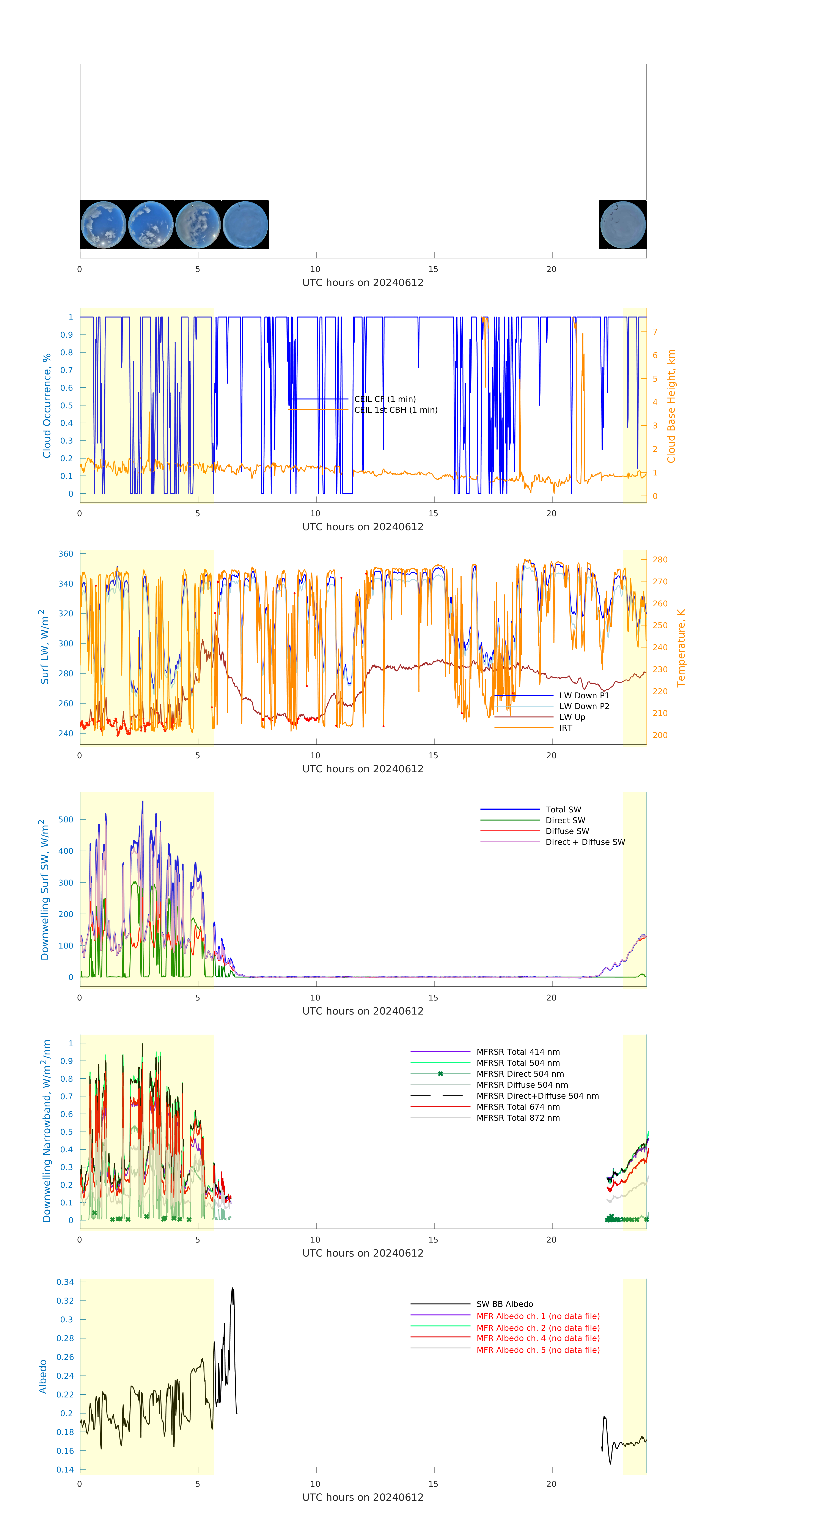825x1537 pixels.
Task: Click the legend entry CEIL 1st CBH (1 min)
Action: [396, 410]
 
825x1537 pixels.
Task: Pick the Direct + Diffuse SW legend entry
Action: [585, 842]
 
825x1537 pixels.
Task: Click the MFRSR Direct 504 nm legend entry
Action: [520, 1074]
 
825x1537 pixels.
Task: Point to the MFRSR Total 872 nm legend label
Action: [518, 1118]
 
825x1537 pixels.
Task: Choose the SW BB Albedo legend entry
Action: [504, 1304]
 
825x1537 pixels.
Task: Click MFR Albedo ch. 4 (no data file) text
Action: [537, 1338]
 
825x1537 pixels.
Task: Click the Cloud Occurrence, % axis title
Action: [47, 406]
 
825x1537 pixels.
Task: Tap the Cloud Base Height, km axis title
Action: [671, 406]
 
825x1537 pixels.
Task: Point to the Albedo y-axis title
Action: [43, 1377]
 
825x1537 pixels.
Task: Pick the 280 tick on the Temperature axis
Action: [660, 560]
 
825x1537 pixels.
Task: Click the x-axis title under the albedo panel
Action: [363, 1498]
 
